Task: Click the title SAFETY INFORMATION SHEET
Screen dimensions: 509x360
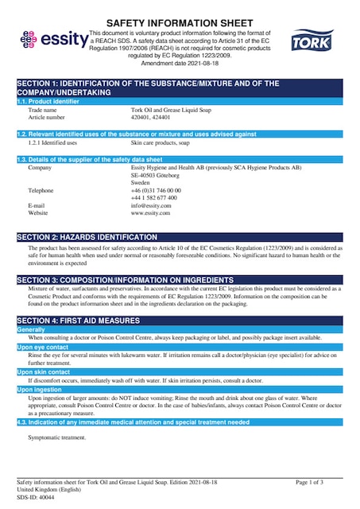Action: click(180, 23)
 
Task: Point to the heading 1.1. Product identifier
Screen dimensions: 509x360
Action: click(48, 101)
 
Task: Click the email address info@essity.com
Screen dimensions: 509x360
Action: click(151, 206)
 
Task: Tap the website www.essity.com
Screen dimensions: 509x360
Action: click(151, 213)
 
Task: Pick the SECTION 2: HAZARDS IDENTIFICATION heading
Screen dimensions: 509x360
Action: click(87, 238)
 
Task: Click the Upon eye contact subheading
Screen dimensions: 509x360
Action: click(43, 348)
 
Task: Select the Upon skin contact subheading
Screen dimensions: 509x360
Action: click(44, 371)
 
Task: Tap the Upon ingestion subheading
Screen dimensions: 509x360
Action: click(39, 389)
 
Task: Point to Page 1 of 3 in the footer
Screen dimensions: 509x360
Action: click(309, 482)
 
